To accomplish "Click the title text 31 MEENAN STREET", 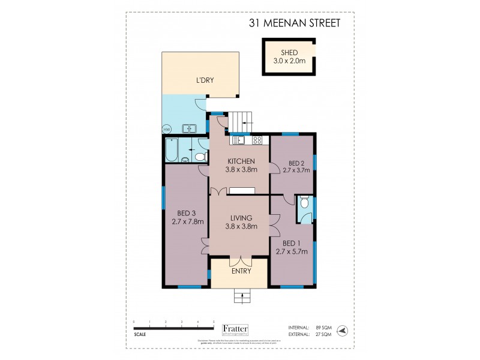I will click(x=295, y=23).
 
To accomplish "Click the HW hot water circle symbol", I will click(x=166, y=128).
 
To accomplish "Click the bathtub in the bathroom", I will click(x=171, y=151).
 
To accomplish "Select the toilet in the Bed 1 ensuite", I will click(x=305, y=204).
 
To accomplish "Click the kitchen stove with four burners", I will click(x=257, y=140).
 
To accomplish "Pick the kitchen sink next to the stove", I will click(x=238, y=140).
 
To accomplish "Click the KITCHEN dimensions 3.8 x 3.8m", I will click(x=241, y=170).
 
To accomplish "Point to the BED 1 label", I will click(x=291, y=243).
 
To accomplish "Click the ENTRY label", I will click(x=241, y=271).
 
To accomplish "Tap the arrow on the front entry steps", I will click(x=241, y=294).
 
